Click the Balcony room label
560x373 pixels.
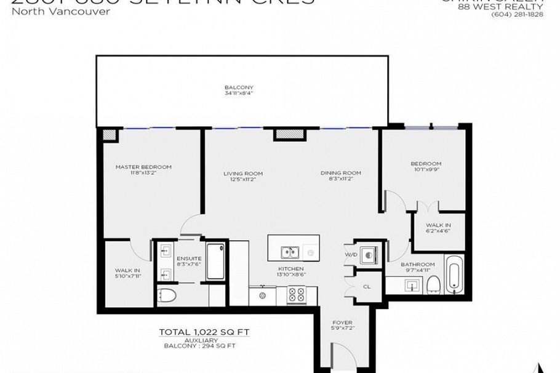point(239,87)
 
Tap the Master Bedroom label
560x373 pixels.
point(143,167)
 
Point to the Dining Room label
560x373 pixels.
point(340,173)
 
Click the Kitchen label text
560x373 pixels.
point(291,268)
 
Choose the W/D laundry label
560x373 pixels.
point(351,254)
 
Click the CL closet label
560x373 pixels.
point(367,286)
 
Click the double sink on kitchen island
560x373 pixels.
point(290,252)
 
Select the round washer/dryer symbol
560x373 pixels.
point(369,255)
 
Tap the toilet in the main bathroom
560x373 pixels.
point(433,283)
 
